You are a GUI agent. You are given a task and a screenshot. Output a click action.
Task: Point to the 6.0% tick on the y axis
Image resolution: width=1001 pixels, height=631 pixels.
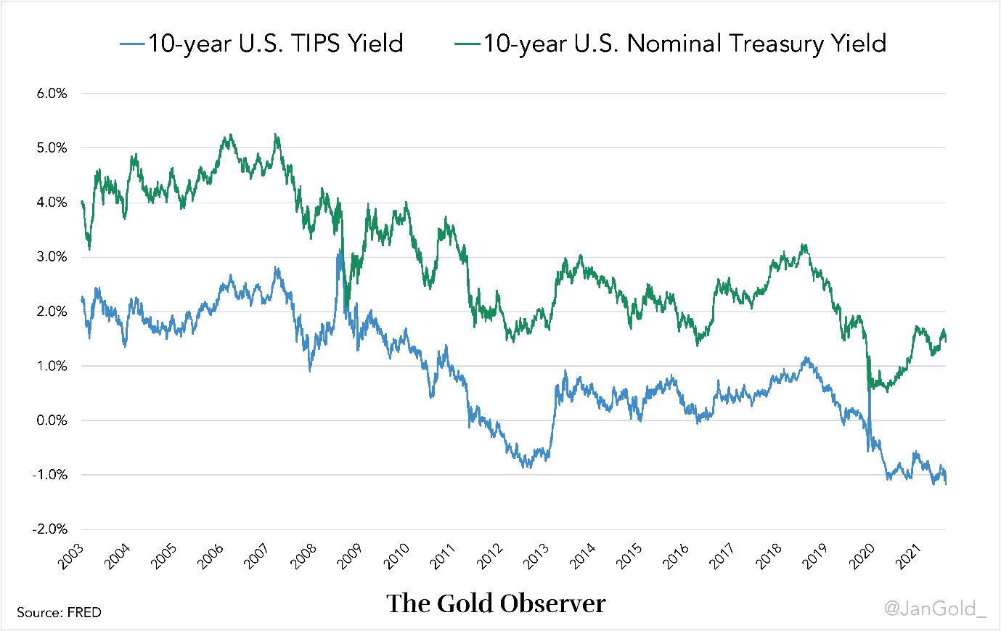pyautogui.click(x=52, y=94)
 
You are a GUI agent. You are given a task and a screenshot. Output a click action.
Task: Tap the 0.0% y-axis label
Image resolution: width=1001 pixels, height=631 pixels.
pyautogui.click(x=52, y=420)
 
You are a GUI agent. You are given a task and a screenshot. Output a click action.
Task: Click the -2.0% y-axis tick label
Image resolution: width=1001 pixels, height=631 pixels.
pyautogui.click(x=50, y=529)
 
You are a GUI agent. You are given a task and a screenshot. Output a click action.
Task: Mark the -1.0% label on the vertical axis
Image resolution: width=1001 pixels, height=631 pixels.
pyautogui.click(x=50, y=475)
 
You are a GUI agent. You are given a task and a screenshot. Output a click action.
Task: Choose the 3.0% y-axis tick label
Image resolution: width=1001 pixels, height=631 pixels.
pyautogui.click(x=52, y=257)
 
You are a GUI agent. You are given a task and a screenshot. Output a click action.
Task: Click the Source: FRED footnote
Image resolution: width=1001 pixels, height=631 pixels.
pyautogui.click(x=59, y=612)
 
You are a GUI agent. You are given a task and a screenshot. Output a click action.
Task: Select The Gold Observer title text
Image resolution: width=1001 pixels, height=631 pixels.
pyautogui.click(x=496, y=603)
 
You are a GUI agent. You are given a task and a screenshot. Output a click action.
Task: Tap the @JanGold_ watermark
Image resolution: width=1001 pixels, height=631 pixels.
pyautogui.click(x=935, y=608)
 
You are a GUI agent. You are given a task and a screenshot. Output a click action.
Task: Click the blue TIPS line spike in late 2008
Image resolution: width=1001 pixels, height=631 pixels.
pyautogui.click(x=339, y=252)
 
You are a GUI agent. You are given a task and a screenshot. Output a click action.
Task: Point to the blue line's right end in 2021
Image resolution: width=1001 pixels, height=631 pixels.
pyautogui.click(x=946, y=484)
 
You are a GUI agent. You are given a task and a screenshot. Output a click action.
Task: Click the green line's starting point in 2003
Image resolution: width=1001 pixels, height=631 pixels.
pyautogui.click(x=82, y=202)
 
